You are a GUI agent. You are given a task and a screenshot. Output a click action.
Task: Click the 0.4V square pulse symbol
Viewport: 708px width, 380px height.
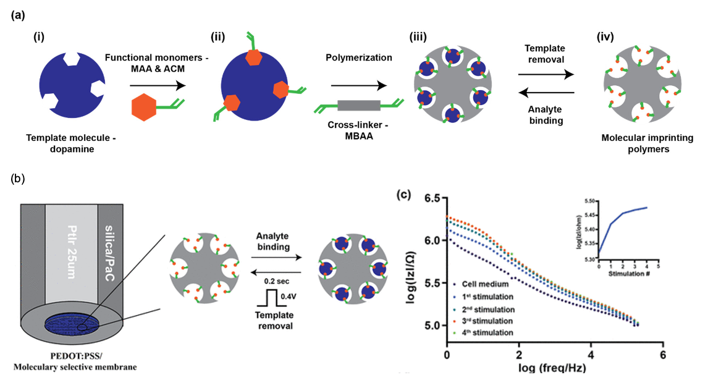click(266, 300)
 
